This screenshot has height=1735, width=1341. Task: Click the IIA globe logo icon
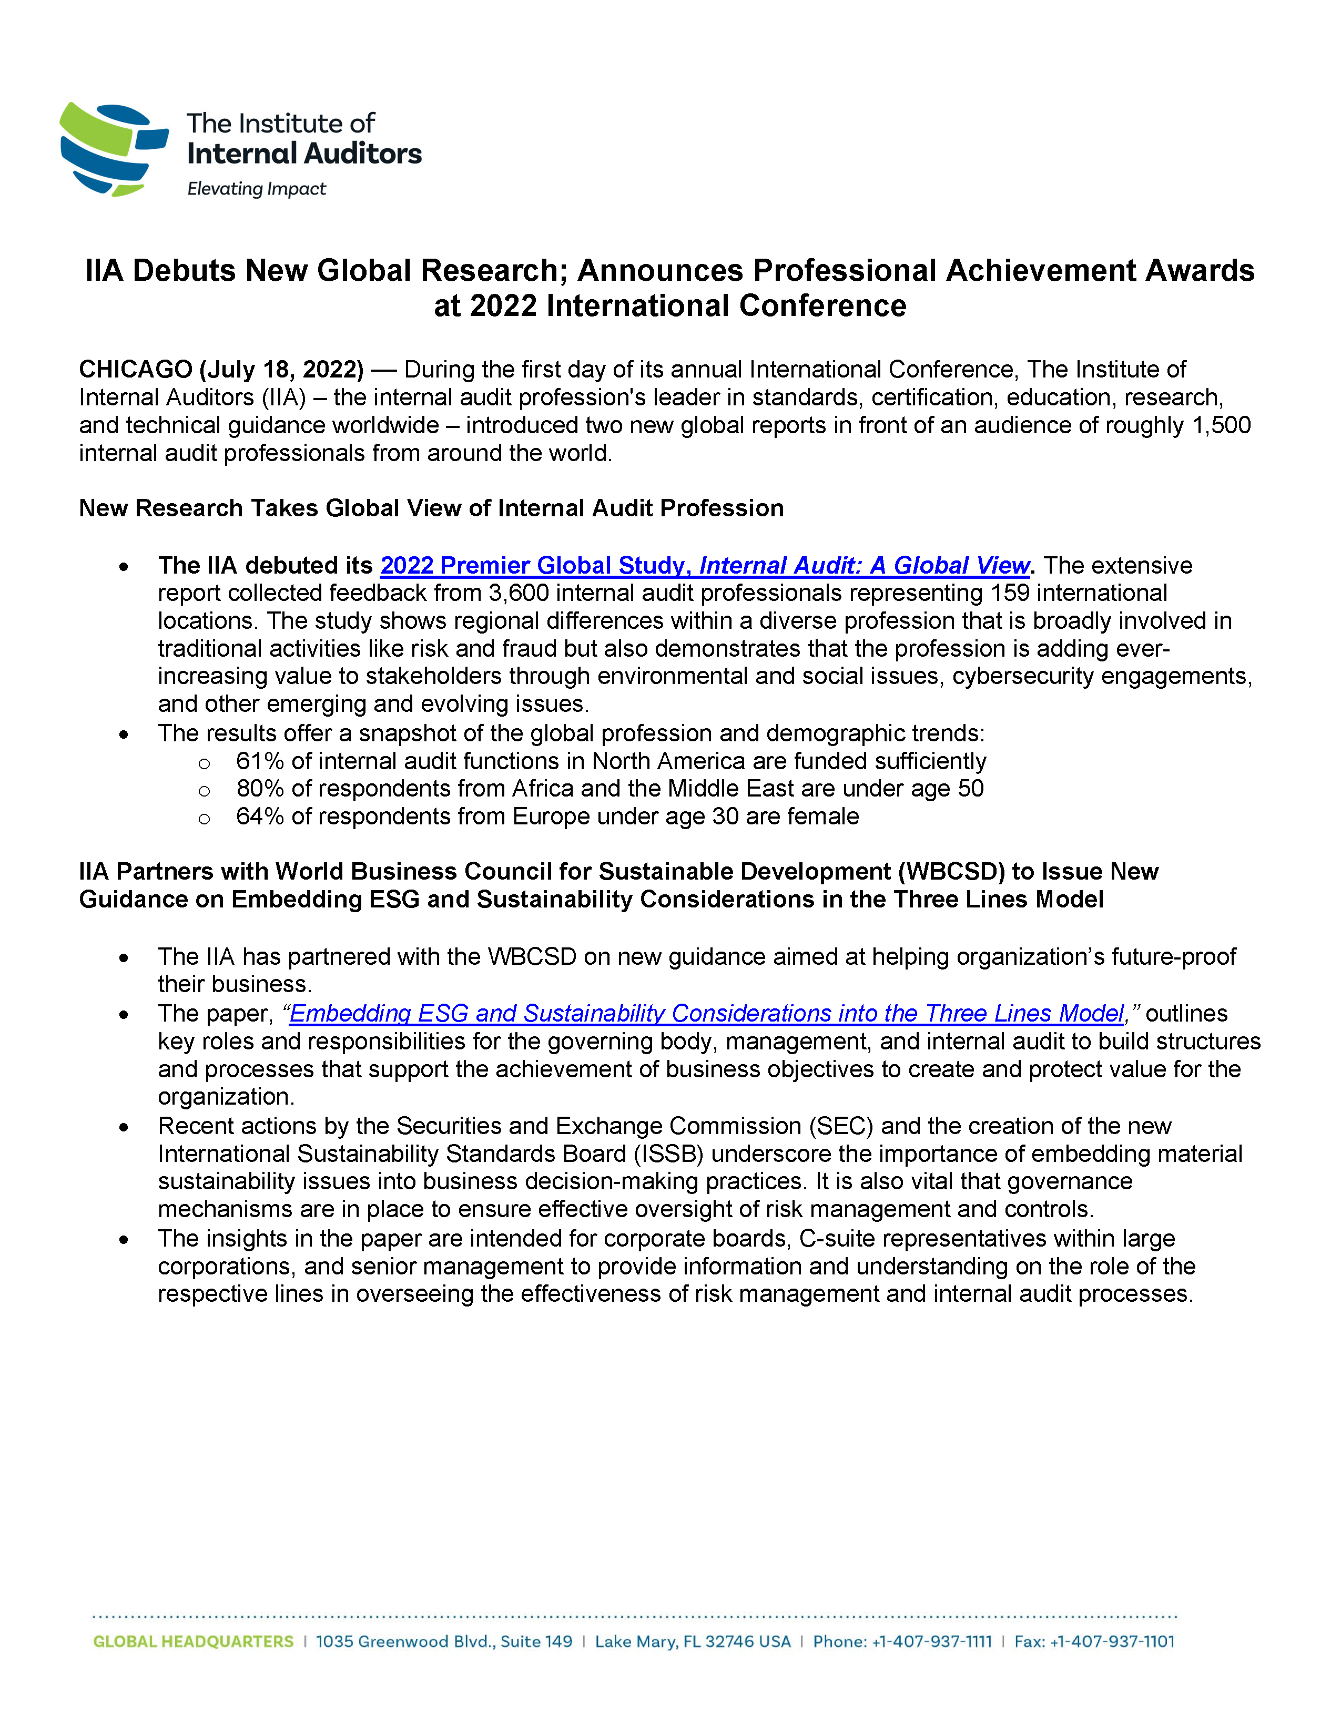114,149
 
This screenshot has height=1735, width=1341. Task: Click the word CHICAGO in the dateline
135,370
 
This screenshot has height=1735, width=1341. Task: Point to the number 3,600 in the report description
519,594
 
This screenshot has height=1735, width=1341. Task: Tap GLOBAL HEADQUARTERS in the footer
193,1642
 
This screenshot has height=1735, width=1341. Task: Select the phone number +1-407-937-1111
932,1642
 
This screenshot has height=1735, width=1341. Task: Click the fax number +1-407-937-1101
1112,1642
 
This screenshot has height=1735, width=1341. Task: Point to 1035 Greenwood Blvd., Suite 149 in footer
444,1642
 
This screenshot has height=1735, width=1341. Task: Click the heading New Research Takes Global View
431,508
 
